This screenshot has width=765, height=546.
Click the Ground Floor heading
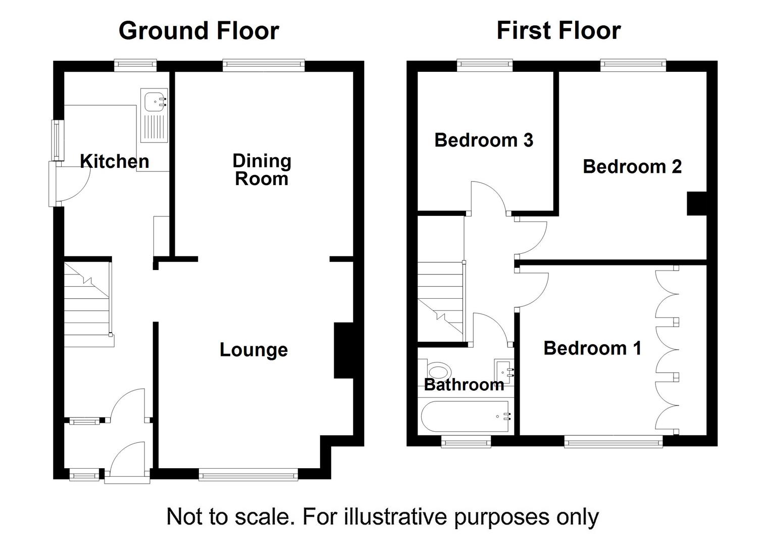click(x=199, y=31)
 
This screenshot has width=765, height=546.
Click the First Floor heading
click(x=558, y=31)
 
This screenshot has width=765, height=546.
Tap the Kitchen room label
click(x=115, y=161)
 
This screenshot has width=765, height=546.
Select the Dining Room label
click(x=262, y=169)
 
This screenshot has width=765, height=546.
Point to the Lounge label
click(x=254, y=350)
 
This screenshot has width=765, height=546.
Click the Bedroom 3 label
click(x=484, y=140)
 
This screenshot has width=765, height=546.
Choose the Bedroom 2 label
click(x=632, y=166)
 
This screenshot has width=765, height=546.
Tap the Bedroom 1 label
click(x=592, y=348)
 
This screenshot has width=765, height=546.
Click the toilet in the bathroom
click(x=437, y=371)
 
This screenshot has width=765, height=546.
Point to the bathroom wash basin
click(x=504, y=372)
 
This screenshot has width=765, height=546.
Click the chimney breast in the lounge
click(x=343, y=350)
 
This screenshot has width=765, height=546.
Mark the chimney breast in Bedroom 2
click(x=697, y=203)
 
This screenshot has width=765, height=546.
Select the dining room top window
click(x=263, y=65)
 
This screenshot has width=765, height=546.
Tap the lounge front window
click(x=248, y=475)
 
